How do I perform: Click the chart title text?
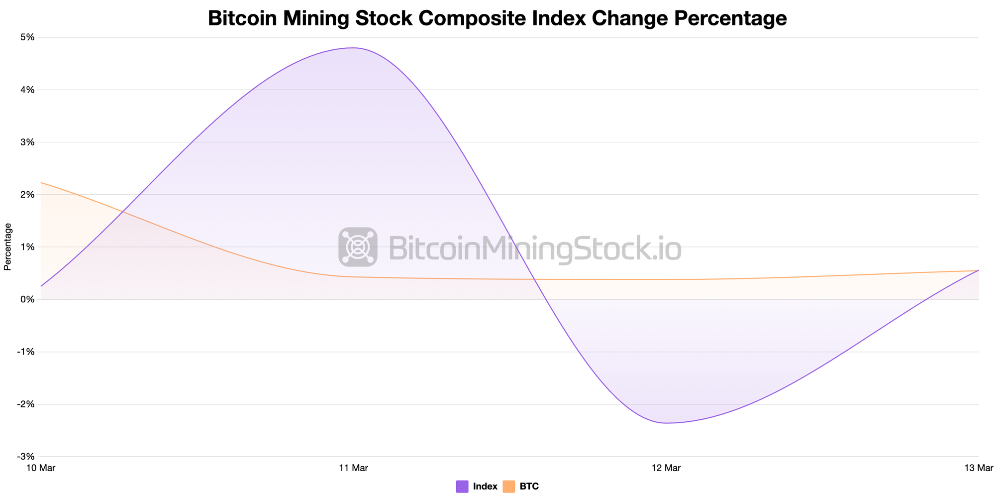(x=497, y=18)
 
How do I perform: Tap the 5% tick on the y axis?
(x=27, y=37)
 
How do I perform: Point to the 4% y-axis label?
(x=27, y=90)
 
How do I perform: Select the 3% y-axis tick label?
(x=27, y=142)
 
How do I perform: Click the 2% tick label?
(x=27, y=195)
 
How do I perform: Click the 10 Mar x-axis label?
(x=41, y=468)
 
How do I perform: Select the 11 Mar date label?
(x=353, y=468)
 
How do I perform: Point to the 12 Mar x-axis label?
(x=666, y=468)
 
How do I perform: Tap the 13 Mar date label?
(x=978, y=468)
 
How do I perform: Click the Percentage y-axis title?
(x=7, y=247)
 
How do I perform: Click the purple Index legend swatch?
(x=462, y=487)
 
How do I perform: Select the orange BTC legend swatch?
(x=509, y=487)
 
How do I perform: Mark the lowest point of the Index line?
(x=666, y=423)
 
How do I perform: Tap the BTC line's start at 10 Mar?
(x=41, y=183)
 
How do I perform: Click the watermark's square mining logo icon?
(x=358, y=247)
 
